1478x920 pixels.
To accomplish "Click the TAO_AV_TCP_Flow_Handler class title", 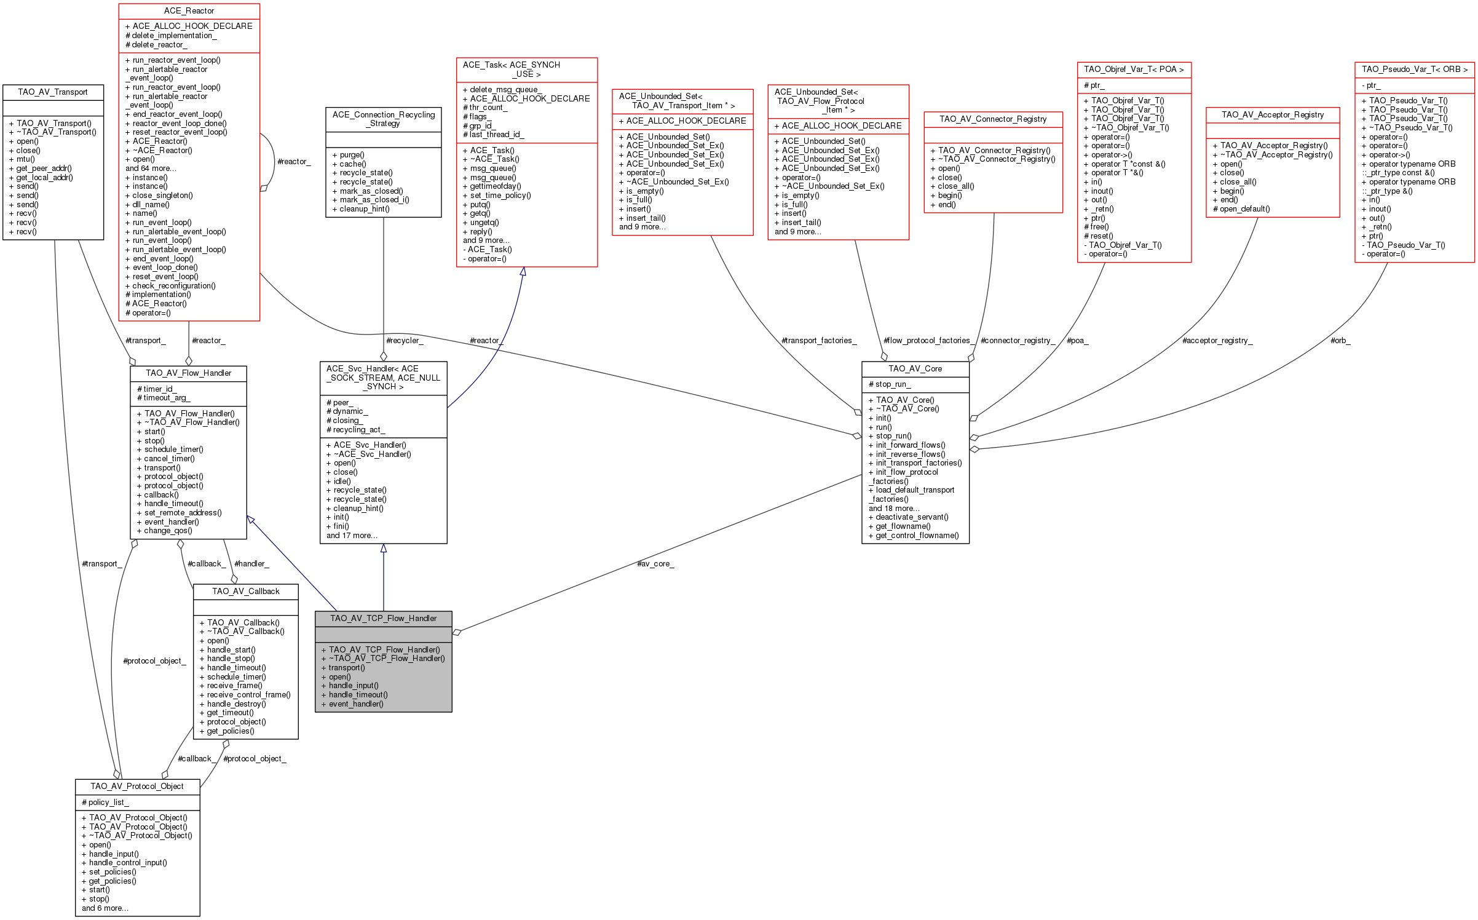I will coord(383,618).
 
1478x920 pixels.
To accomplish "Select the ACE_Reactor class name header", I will coord(189,11).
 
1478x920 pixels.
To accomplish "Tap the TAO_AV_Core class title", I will coord(915,368).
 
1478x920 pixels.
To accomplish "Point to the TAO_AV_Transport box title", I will coord(53,92).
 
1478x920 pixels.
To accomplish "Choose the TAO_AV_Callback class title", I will coord(245,591).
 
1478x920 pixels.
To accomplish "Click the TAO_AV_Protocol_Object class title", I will coord(137,786).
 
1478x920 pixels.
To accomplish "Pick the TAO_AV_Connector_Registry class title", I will coord(992,119).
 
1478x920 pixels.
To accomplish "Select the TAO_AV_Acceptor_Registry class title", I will coord(1272,114).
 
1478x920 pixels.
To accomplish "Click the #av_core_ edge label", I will coord(655,563).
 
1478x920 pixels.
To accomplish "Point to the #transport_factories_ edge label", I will coord(818,340).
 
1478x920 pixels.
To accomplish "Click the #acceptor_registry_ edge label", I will coord(1217,340).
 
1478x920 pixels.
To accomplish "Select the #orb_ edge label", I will coord(1340,340).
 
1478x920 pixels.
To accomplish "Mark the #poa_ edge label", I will coord(1077,340).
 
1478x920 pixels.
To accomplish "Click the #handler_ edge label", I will coord(251,563).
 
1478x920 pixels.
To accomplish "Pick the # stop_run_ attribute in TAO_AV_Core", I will coord(890,384).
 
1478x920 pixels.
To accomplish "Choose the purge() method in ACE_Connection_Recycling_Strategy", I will coord(352,155).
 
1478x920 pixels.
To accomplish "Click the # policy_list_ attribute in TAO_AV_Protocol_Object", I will coord(105,802).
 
